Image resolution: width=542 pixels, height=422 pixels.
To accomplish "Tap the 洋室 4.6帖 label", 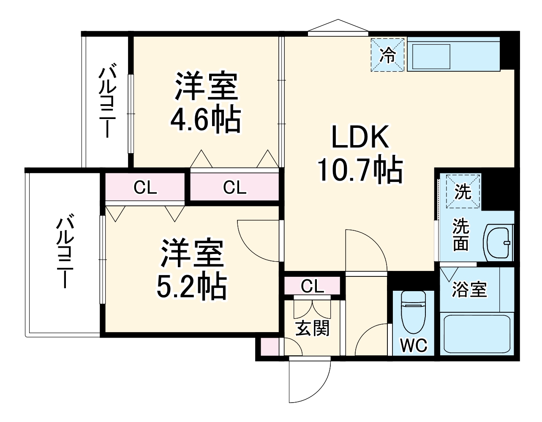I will click(206, 103).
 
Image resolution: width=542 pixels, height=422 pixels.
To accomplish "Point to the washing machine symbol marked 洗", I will click(463, 192).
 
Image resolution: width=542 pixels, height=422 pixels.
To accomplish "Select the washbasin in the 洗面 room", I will click(498, 242).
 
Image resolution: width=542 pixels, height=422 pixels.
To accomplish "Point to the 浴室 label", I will click(469, 289).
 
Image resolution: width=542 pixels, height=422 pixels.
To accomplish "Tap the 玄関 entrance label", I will click(312, 328).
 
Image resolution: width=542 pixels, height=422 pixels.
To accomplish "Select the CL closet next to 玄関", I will click(312, 286).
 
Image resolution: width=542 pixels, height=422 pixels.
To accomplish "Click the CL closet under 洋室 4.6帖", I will click(234, 187).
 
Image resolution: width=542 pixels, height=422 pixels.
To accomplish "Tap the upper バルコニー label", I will click(106, 102).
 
